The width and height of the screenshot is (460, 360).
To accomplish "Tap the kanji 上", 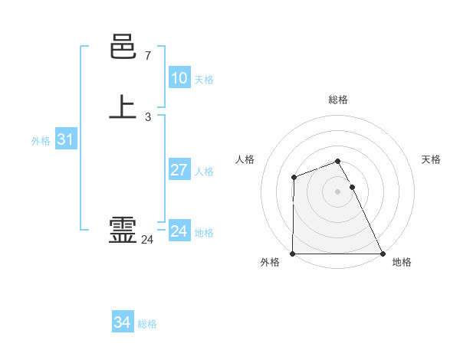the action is point(123,107).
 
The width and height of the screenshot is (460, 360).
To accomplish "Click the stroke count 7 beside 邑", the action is point(147,56).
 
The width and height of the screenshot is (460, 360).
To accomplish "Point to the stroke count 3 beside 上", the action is point(147,117).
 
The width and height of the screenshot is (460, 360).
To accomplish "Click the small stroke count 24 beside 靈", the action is point(147,240).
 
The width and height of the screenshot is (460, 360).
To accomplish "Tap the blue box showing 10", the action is point(179,78).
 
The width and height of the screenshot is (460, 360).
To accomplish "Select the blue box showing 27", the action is point(179,170).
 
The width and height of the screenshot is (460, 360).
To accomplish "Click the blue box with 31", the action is point(65,139).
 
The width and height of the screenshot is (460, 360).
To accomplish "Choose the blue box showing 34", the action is point(122,322).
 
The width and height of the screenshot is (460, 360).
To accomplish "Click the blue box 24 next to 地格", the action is point(179,231).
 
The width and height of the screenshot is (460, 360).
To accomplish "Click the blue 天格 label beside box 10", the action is point(204,80).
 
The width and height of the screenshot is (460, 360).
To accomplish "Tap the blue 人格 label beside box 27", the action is point(204,172).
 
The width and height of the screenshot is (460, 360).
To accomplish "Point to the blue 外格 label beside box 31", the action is point(41,141).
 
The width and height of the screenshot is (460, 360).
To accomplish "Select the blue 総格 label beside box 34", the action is point(147,324).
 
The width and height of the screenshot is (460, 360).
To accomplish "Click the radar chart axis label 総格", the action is point(337,100).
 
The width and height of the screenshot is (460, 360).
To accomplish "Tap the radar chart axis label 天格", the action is point(431,159).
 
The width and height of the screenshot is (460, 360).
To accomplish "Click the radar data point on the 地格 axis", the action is point(383,254).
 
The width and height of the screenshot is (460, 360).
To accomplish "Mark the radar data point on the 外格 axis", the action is point(293,254).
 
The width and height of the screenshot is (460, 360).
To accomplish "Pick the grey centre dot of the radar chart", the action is point(337,191).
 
